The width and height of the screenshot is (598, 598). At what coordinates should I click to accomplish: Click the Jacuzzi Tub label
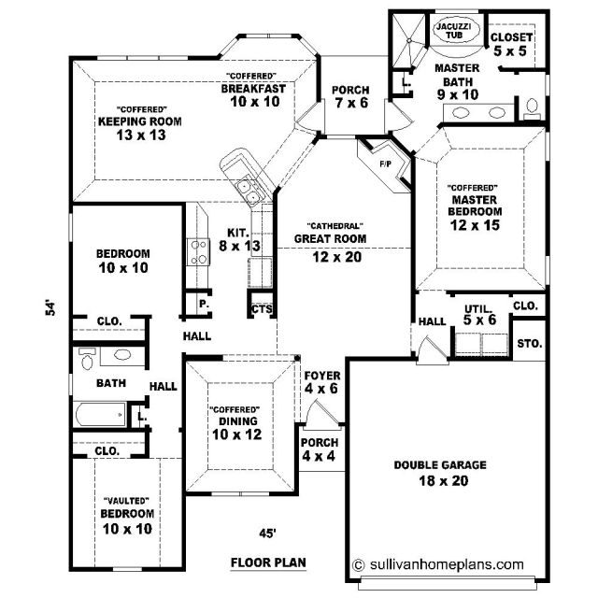(x=454, y=31)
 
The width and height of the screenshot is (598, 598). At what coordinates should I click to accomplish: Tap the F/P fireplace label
(x=386, y=164)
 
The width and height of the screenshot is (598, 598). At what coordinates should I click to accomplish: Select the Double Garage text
(x=440, y=465)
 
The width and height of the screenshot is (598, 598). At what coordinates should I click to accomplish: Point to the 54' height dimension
(x=50, y=308)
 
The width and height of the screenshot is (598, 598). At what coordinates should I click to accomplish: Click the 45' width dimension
(x=267, y=534)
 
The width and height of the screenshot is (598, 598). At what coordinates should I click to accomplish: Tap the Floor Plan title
(x=268, y=562)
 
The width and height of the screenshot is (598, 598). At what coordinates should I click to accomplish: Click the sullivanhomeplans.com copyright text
(x=438, y=564)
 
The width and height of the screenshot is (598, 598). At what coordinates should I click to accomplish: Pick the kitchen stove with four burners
(x=198, y=252)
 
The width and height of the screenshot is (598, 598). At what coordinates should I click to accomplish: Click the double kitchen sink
(x=249, y=192)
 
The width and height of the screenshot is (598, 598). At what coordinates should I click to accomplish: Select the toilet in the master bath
(x=532, y=108)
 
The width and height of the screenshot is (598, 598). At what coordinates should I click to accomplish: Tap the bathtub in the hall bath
(x=101, y=415)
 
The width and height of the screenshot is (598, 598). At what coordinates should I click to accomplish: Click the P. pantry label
(x=204, y=304)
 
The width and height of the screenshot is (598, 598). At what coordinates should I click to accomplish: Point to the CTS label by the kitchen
(x=262, y=309)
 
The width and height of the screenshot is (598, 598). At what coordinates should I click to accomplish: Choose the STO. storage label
(x=530, y=344)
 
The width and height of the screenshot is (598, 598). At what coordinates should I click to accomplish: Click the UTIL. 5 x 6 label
(x=479, y=315)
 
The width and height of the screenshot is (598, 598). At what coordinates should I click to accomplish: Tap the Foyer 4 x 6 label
(x=321, y=382)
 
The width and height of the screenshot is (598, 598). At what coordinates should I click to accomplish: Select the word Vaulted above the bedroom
(x=126, y=501)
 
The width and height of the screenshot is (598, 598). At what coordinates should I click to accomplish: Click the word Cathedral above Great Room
(x=335, y=226)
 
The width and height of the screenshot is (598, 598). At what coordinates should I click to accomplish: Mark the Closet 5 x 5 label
(x=511, y=44)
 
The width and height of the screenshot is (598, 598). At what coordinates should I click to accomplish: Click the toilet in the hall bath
(x=87, y=359)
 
